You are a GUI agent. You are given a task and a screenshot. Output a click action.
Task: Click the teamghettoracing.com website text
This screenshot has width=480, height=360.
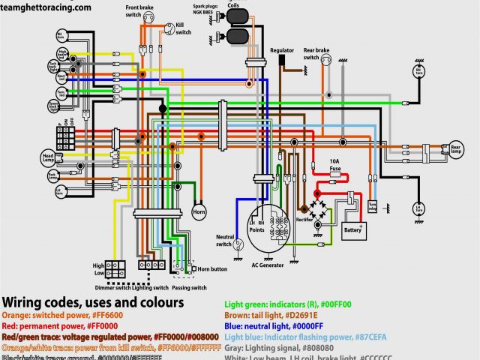click(46, 7)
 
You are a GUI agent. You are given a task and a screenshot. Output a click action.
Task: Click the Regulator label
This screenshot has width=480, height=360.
click(282, 50)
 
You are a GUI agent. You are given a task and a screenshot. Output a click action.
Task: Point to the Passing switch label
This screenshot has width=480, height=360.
click(188, 287)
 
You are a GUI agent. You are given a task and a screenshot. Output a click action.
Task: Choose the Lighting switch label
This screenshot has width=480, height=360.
click(149, 287)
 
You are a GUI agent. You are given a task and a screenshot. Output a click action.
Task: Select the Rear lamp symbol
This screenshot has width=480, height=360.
click(455, 149)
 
